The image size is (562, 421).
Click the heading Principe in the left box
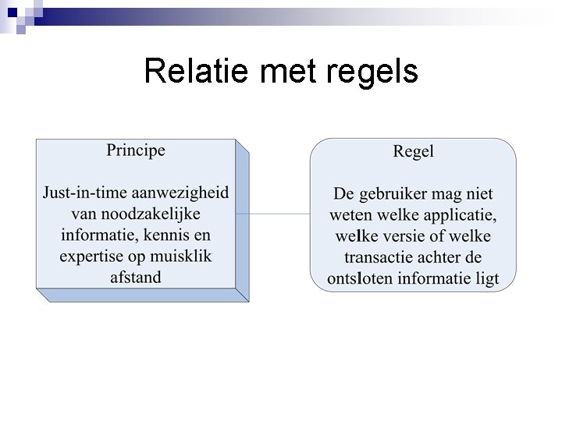[x=136, y=150]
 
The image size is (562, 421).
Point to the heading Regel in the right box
[x=413, y=151]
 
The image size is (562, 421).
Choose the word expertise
[x=94, y=256]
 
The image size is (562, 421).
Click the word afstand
[x=136, y=277]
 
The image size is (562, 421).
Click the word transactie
[x=378, y=257]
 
